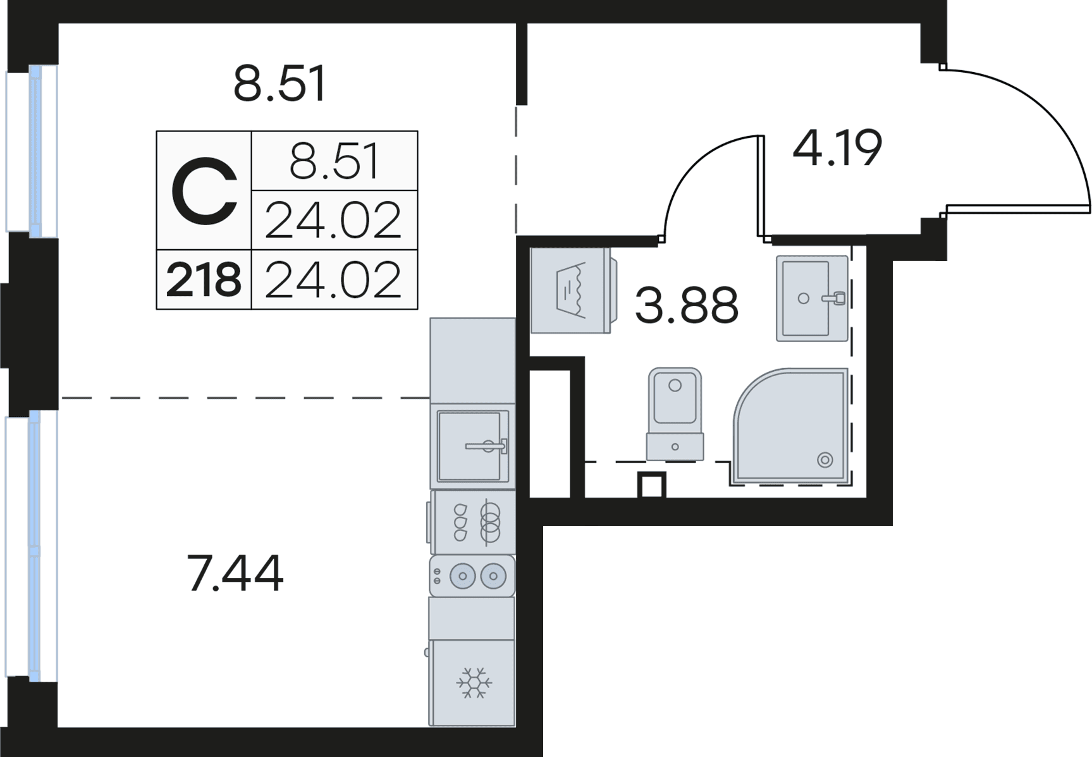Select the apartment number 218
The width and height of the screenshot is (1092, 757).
click(x=204, y=280)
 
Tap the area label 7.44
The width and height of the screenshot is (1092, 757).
click(x=235, y=574)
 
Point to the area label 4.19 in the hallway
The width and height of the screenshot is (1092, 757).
click(x=837, y=149)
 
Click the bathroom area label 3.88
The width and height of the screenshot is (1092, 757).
click(x=687, y=305)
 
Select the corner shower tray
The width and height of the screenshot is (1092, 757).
click(x=794, y=427)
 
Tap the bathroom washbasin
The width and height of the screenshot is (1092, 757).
click(x=811, y=298)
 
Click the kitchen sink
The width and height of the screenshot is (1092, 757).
click(x=473, y=445)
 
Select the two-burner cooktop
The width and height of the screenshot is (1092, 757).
click(x=472, y=576)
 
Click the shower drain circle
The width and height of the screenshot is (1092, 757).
click(x=825, y=460)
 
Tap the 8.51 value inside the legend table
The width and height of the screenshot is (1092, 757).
click(x=334, y=161)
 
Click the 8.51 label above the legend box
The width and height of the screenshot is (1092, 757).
click(x=279, y=84)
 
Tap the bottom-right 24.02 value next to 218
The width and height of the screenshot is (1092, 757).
click(x=334, y=280)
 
